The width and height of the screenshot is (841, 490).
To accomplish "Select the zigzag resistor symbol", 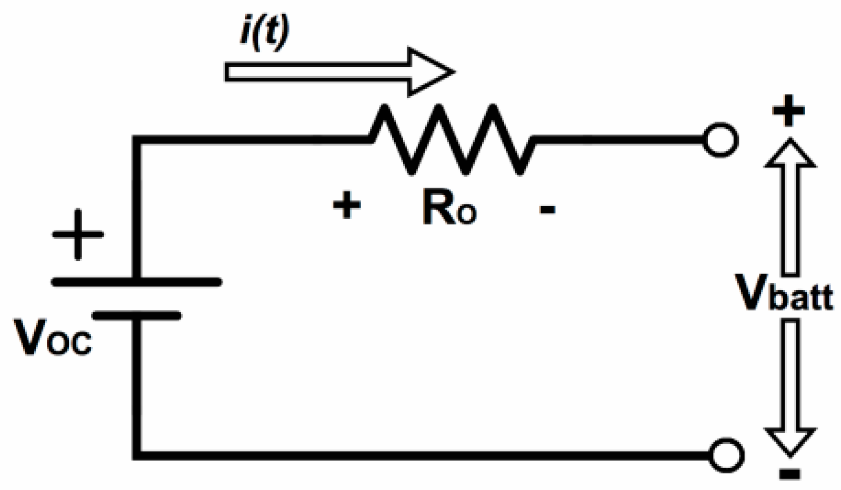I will pos(453,139).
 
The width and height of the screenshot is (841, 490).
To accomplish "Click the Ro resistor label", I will pos(449,208).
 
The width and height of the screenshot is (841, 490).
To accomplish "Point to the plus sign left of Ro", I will pos(347,206).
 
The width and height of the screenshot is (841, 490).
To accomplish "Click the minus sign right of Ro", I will pos(547,210).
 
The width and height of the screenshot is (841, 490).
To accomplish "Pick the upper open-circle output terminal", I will pos(720,140).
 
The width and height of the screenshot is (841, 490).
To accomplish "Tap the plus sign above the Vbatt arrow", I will pos(788,111).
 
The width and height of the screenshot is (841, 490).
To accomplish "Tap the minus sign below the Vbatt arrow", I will pos(789,475).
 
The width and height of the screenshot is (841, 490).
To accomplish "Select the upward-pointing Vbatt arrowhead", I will pos(790,155).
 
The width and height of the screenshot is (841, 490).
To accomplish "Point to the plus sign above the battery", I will pos(78,234).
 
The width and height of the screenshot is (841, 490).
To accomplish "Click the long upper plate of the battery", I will pos(136,282).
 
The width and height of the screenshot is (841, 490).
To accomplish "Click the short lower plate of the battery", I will pos(137,316).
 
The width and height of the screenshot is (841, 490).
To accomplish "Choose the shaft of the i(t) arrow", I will pos(316,72).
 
